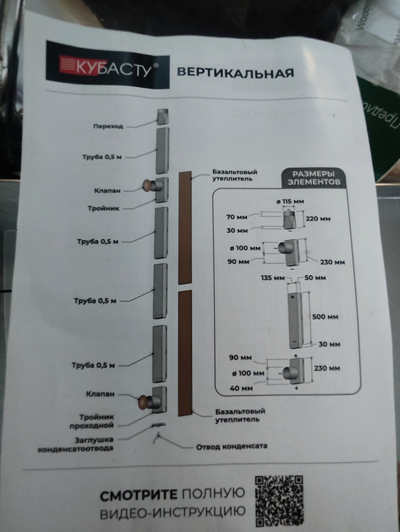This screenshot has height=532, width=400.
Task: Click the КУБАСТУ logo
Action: click(x=107, y=64)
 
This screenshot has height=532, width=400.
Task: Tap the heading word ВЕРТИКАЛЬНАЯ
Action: click(x=235, y=73)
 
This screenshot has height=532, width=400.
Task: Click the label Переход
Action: click(x=109, y=126)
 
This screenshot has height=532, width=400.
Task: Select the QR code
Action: click(x=279, y=501)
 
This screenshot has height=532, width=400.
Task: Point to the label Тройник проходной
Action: click(x=95, y=421)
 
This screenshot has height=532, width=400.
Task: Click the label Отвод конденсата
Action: click(x=231, y=446)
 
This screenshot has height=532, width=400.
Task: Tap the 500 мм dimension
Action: click(x=325, y=316)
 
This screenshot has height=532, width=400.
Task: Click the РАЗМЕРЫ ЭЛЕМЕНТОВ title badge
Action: click(x=313, y=178)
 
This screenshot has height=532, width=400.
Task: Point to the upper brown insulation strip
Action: click(x=185, y=227)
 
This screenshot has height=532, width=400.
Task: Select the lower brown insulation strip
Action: click(x=184, y=353)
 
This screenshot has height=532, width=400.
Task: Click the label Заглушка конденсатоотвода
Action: click(x=75, y=444)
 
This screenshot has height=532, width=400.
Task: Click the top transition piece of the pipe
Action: click(x=162, y=117)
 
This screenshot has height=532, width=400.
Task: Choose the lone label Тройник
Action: click(x=104, y=208)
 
